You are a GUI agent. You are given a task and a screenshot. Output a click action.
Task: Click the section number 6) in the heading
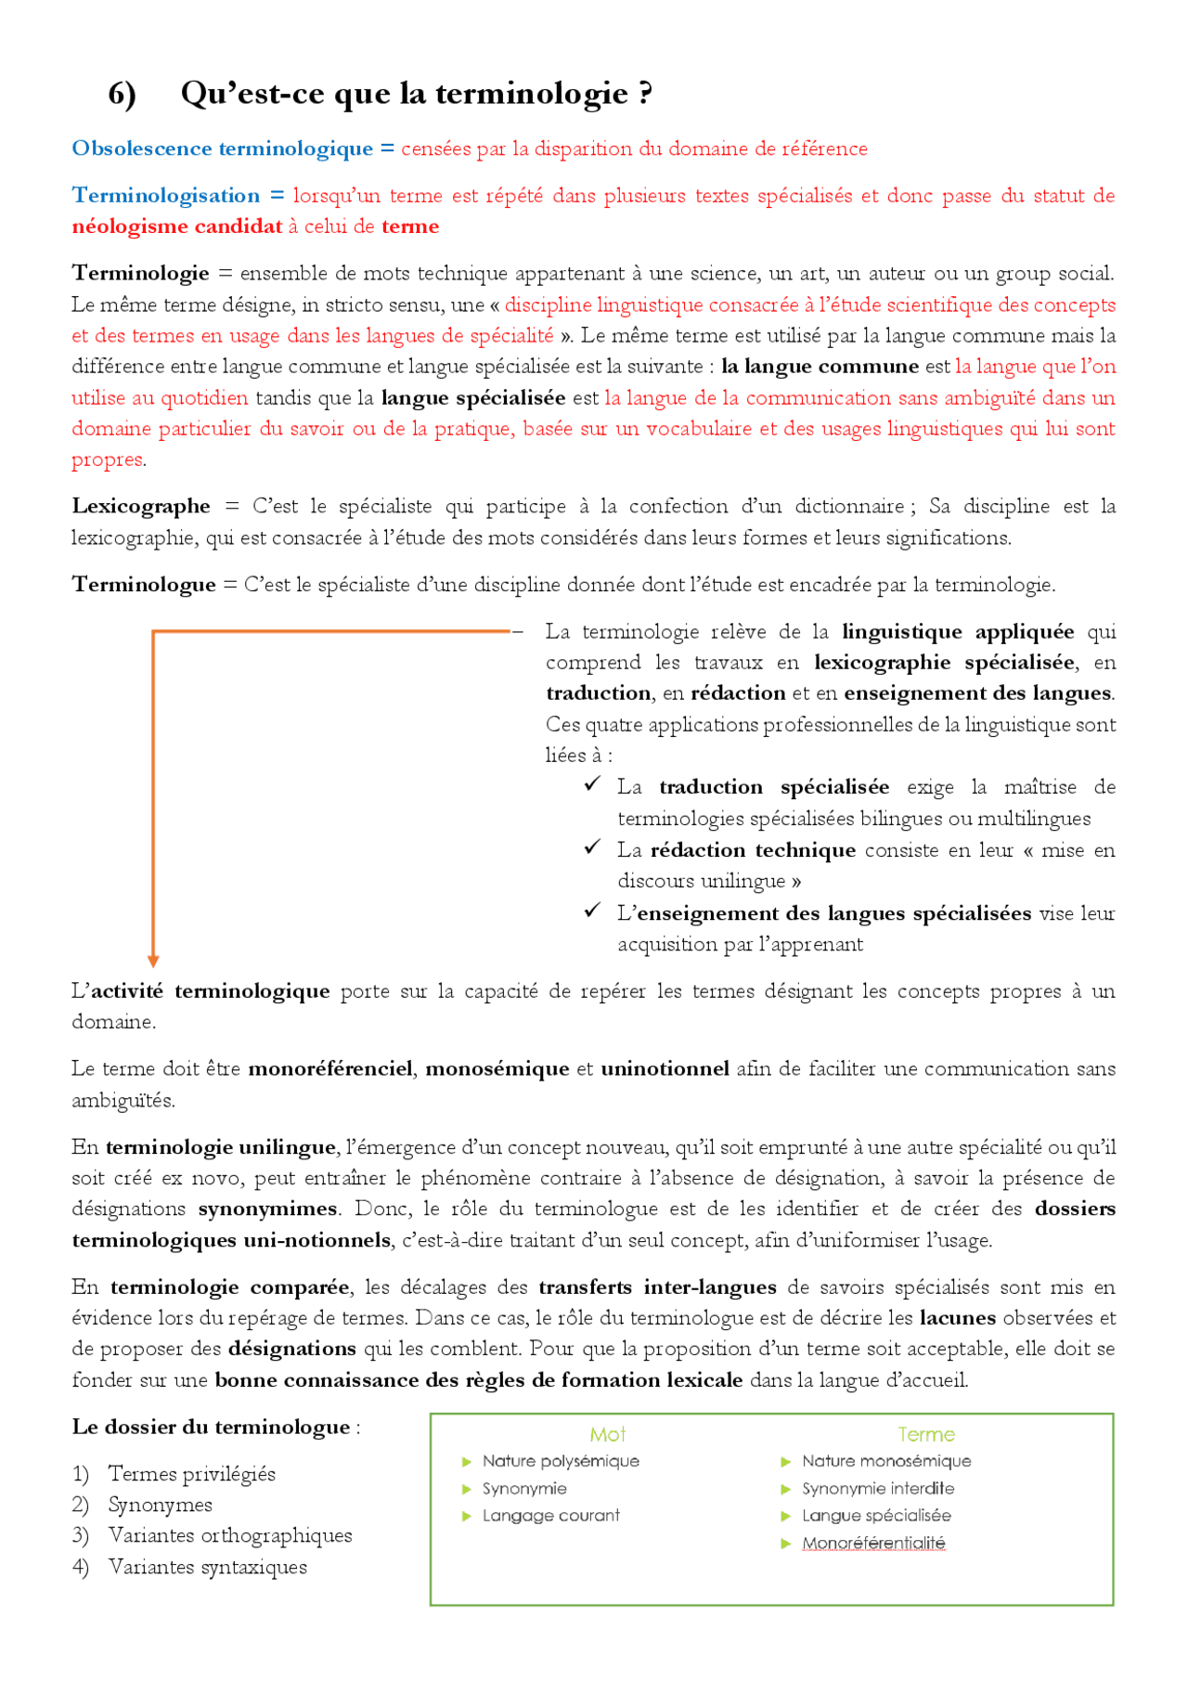[122, 94]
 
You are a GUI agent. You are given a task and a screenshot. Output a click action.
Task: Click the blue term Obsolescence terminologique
[222, 149]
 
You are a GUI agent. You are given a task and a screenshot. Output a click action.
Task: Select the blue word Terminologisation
[166, 196]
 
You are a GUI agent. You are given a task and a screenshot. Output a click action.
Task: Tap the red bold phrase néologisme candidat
[176, 226]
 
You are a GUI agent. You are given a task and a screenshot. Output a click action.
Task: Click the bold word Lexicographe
[141, 506]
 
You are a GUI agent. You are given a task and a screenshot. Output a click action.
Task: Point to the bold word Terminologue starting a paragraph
[144, 585]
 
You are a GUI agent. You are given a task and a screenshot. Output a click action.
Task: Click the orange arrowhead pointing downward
[153, 962]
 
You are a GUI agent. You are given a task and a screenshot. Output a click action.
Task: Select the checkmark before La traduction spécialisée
[592, 784]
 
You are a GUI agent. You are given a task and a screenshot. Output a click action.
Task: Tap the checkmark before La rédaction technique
[592, 847]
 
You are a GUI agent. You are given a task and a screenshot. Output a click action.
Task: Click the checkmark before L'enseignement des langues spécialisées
[592, 911]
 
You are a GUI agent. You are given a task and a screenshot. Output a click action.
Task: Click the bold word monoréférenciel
[329, 1069]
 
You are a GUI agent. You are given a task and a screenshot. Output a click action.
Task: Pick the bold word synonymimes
[267, 1209]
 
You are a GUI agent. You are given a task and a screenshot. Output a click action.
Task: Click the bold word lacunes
[957, 1318]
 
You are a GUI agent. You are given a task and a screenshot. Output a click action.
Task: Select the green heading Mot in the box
[607, 1434]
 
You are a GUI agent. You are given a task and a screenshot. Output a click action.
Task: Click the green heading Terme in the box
[925, 1434]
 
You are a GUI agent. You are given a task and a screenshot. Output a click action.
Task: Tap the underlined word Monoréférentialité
[873, 1543]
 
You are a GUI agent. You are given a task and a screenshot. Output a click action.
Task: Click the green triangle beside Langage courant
[467, 1516]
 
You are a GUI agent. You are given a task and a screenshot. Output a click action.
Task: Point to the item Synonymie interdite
[877, 1488]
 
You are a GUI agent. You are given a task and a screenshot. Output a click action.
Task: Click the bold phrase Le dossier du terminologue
[211, 1427]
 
